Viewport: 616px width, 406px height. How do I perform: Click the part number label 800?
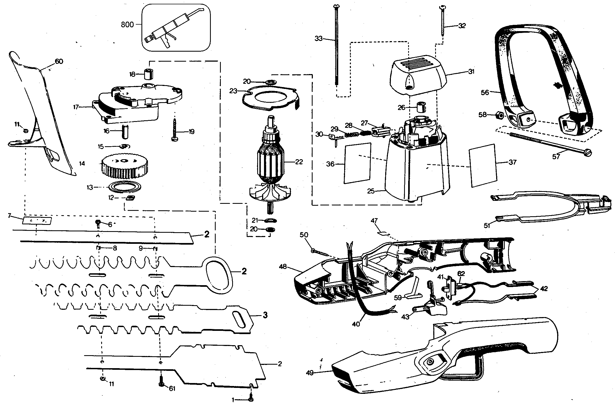coord(127,25)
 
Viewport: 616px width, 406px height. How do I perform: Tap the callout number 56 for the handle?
coord(485,92)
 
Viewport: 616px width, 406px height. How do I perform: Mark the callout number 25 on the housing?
coord(371,191)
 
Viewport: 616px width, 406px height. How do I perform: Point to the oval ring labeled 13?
coord(125,187)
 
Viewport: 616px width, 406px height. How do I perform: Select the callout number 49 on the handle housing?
coord(310,373)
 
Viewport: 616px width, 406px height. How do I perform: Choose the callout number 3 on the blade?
coord(265,315)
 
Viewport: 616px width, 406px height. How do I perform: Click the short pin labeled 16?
coord(126,131)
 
